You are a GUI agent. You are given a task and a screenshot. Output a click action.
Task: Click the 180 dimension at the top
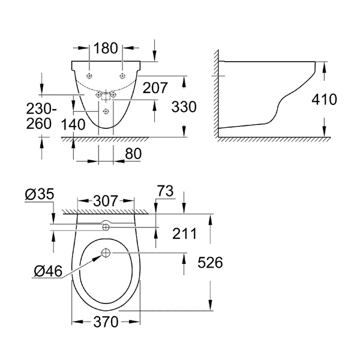[106, 48]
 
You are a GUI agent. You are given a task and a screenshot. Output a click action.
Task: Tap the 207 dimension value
[155, 88]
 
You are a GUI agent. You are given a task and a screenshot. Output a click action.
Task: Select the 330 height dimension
[184, 107]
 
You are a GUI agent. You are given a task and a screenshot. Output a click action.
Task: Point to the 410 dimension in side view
[324, 100]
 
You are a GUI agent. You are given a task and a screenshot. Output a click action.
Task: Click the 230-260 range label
[41, 116]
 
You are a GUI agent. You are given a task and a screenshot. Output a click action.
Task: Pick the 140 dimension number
[73, 125]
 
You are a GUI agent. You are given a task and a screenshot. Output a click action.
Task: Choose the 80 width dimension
[133, 154]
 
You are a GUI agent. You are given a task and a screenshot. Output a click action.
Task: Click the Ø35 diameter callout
[40, 194]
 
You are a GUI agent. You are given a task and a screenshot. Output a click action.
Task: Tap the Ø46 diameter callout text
[48, 271]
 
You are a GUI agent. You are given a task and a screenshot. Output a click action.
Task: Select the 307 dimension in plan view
[106, 201]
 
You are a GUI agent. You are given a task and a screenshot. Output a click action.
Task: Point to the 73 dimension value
[166, 191]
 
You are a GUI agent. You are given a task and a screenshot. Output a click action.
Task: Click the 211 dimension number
[185, 234]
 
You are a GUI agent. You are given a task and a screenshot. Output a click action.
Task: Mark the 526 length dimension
[211, 262]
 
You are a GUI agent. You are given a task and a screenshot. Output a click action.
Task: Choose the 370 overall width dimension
[106, 322]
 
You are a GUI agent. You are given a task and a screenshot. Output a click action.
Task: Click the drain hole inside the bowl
[106, 253]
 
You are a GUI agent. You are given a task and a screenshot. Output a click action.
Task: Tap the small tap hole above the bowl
[106, 227]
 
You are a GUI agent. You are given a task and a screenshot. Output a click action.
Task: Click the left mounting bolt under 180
[89, 76]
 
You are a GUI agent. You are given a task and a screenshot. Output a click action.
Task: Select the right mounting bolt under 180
[122, 76]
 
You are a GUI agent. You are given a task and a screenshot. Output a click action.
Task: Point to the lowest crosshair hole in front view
[106, 112]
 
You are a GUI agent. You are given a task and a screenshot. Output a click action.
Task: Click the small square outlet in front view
[106, 96]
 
